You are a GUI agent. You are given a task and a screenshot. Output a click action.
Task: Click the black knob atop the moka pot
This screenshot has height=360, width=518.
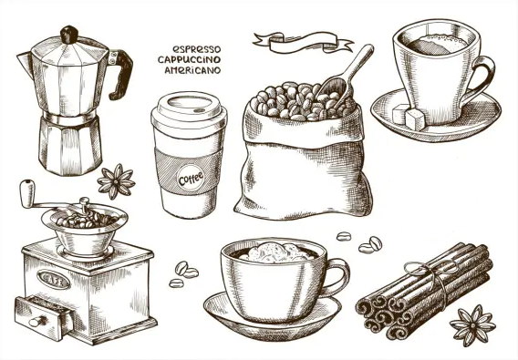[x=69, y=35]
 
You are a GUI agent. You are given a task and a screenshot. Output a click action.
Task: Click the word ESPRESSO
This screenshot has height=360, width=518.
[x=197, y=49]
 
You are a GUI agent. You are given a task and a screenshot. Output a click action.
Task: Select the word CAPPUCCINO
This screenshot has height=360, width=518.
[x=189, y=60]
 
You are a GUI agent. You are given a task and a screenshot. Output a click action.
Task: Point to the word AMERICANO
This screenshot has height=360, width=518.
[x=192, y=70]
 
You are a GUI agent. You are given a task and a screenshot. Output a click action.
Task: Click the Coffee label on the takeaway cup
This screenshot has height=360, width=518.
[x=191, y=179]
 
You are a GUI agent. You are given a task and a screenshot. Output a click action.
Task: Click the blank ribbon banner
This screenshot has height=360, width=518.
[x=303, y=42]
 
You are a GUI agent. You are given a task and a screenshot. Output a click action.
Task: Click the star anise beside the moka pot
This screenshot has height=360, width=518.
[x=117, y=181]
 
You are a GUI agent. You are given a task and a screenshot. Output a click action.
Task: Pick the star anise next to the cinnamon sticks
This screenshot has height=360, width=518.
[x=472, y=325]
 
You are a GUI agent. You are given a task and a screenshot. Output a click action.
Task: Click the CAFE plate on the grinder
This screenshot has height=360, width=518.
[x=54, y=280]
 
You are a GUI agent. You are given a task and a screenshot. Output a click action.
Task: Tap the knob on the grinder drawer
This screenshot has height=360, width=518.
[x=37, y=322]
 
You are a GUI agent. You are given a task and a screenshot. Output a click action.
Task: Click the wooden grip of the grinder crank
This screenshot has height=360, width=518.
[x=27, y=193]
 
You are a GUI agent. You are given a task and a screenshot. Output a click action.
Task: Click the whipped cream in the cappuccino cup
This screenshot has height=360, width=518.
[x=275, y=252]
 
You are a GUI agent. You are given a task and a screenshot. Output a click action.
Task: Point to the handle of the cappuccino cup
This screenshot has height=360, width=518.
[x=337, y=277]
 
